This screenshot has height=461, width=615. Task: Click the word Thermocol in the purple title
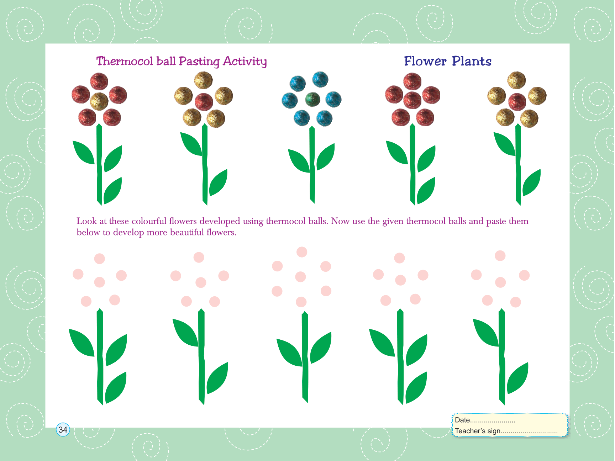coord(125,61)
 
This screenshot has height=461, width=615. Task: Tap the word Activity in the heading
coord(245,62)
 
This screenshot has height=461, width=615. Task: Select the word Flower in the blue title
coord(425,61)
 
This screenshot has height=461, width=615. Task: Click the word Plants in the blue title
coord(472,61)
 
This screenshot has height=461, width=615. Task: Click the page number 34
coord(63,430)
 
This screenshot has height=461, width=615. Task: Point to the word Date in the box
coord(462,420)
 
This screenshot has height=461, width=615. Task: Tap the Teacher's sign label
coord(478,431)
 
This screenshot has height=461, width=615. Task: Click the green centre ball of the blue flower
coord(312,99)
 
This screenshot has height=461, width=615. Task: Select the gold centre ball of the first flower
coord(99,101)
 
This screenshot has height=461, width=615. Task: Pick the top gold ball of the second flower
coord(203,80)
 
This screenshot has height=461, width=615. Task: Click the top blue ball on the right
coord(320,79)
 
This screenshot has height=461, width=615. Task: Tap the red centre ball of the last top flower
coord(517,102)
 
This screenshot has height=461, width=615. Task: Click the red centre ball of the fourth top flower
coord(412,100)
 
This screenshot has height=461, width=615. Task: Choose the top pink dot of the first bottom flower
coord(100,259)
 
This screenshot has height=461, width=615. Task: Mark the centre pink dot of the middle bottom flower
coord(301,277)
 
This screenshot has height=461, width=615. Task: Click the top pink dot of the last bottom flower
coord(500,256)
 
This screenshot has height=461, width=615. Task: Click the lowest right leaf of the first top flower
coord(113,191)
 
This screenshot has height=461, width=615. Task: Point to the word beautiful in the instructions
coord(187,233)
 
